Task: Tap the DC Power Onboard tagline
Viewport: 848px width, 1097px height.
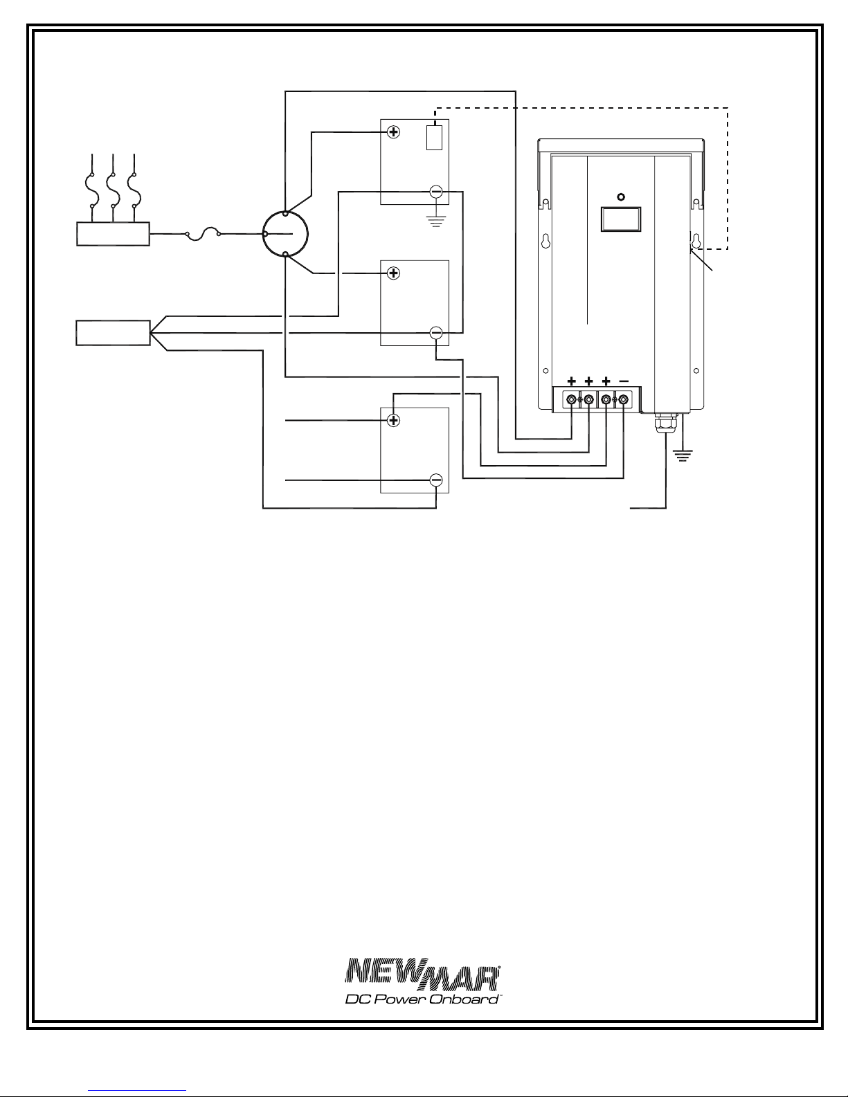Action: coord(422,999)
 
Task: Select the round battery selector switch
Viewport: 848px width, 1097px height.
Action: coord(285,234)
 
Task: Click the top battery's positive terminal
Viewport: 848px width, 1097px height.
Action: coord(393,132)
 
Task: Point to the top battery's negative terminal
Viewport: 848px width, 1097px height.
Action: coord(436,192)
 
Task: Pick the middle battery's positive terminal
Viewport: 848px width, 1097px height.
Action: coord(393,273)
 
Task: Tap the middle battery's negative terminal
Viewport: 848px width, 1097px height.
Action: coord(436,333)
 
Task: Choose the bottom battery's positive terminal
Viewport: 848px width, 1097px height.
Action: coord(393,420)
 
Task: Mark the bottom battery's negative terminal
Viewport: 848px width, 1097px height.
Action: coord(436,480)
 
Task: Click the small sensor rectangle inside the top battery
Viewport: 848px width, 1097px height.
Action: coord(434,137)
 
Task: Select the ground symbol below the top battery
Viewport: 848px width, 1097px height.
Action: coord(436,221)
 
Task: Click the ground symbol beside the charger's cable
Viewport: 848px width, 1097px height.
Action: coord(683,456)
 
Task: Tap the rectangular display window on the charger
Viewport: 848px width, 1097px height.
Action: coord(621,219)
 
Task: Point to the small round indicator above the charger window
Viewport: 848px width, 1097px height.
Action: coord(621,197)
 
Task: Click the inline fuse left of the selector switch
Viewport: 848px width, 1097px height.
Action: coord(203,233)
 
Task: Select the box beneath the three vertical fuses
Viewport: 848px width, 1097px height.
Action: coord(113,234)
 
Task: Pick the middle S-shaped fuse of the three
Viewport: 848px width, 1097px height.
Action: coord(113,190)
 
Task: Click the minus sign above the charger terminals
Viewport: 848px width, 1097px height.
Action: coord(624,381)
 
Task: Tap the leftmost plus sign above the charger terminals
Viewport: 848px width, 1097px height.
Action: coord(571,381)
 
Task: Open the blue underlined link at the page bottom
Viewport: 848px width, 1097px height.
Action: coord(137,1090)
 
